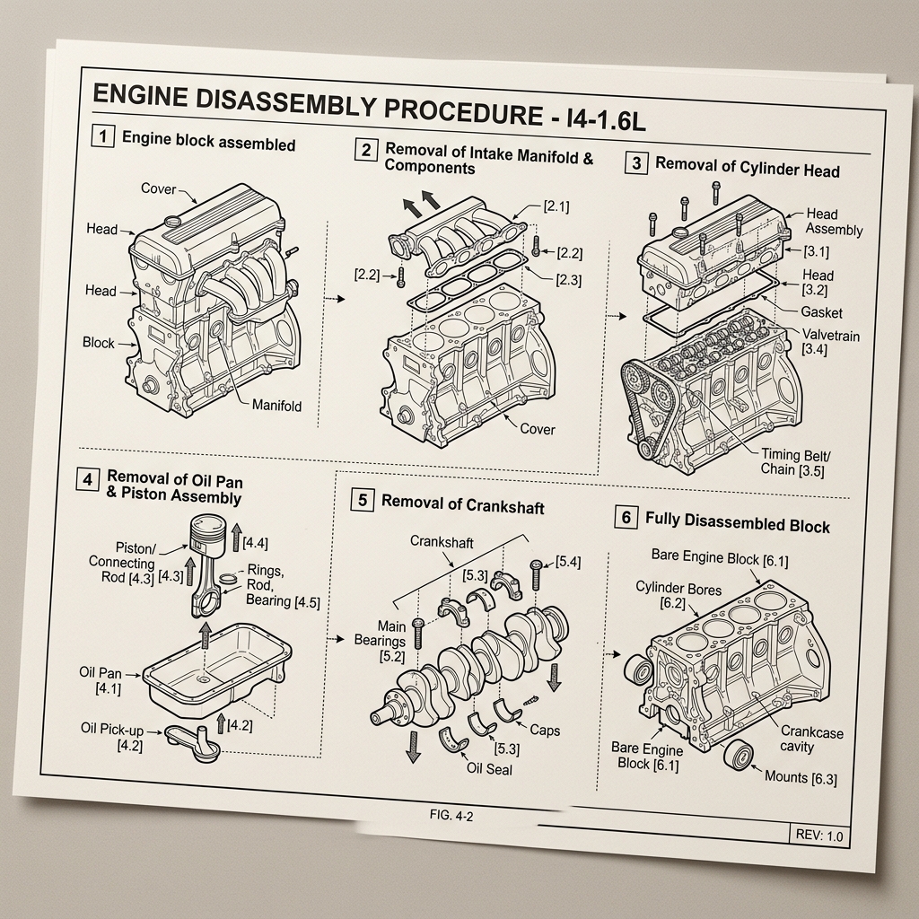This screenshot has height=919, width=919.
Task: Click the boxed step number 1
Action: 103,136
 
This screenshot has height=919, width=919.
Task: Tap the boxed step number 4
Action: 87,480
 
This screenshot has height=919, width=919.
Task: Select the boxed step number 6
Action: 626,517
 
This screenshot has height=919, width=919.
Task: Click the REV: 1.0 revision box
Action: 818,835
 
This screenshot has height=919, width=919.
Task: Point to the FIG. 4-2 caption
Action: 451,815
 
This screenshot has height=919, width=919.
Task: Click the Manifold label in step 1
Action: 276,406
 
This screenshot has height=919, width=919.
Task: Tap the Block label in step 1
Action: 99,342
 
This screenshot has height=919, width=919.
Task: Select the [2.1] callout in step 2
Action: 556,206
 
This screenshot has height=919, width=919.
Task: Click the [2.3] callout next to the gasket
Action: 568,280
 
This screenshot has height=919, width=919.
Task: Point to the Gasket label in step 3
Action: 822,312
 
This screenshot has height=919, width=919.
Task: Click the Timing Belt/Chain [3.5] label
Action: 795,462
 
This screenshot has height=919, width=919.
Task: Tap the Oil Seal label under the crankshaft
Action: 489,769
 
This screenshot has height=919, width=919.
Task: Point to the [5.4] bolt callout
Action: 568,562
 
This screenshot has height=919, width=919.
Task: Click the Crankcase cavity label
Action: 811,740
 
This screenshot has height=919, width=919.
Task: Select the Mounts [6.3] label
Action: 801,778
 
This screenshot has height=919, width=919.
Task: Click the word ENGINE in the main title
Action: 140,95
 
